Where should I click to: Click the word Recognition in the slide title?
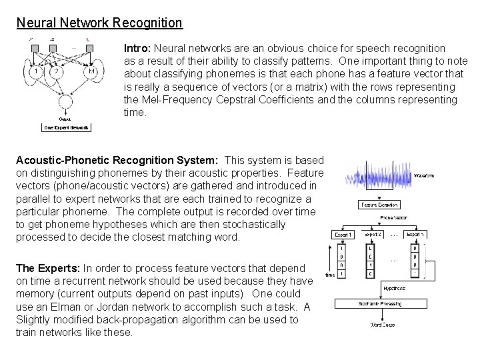[x=147, y=23]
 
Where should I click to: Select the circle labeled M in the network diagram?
[x=91, y=71]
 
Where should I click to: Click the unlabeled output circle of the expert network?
[x=66, y=103]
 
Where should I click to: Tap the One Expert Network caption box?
[x=66, y=127]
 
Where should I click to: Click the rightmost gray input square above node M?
[x=89, y=47]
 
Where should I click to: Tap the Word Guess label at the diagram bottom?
[x=383, y=325]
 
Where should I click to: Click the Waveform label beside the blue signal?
[x=425, y=176]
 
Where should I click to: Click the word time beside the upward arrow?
[x=329, y=274]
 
